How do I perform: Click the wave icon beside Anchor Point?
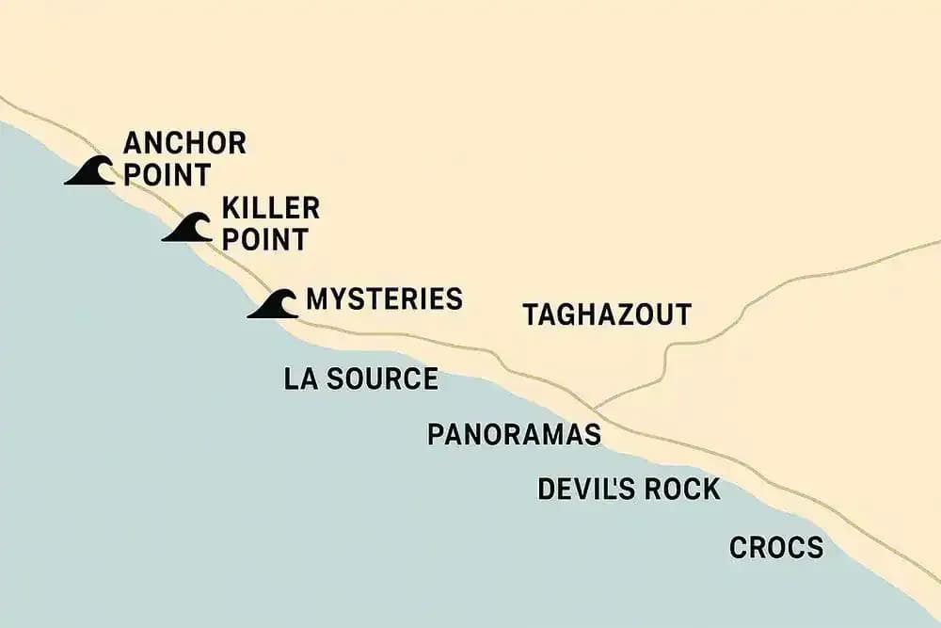tap(91, 171)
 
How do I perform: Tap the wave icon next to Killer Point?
tap(188, 229)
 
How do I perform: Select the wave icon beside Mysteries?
tap(274, 304)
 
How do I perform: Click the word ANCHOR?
tap(184, 144)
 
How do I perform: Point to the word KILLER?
tap(270, 208)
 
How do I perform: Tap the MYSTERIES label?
tap(384, 299)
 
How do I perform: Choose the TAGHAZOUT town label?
tap(607, 314)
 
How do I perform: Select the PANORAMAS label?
tap(514, 434)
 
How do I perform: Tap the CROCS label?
tap(776, 547)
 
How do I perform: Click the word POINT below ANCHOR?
tap(167, 175)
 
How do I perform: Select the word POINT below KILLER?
tap(264, 239)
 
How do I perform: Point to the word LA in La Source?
tap(300, 378)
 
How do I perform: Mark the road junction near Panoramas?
tap(598, 407)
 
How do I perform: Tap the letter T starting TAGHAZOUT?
tap(532, 314)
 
